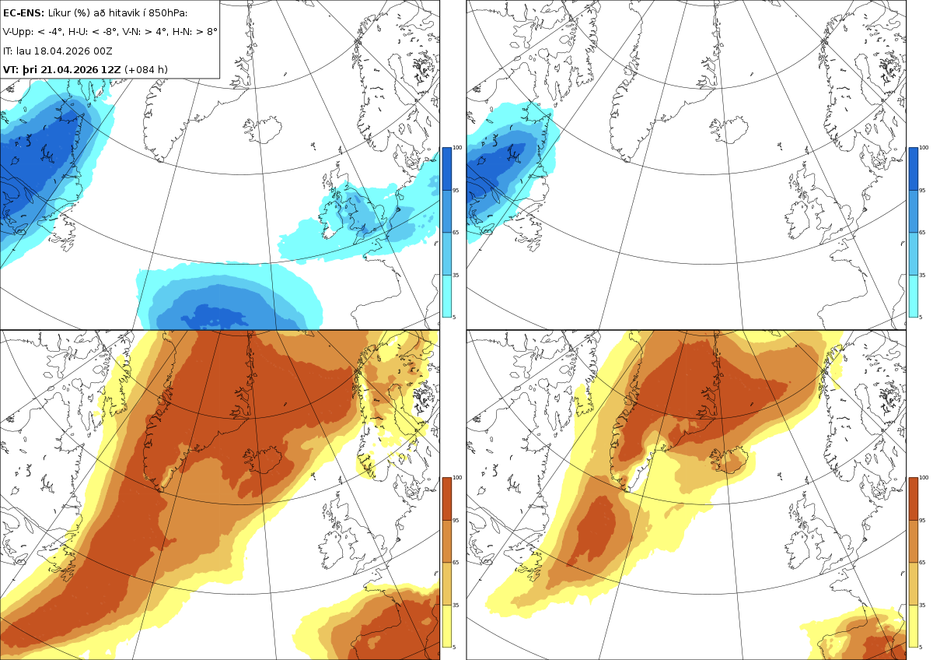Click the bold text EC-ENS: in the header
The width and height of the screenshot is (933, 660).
pyautogui.click(x=23, y=13)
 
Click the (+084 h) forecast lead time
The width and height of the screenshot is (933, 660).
pyautogui.click(x=146, y=69)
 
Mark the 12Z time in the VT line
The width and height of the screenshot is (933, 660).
pyautogui.click(x=110, y=69)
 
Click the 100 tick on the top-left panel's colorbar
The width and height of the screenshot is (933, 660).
pyautogui.click(x=457, y=148)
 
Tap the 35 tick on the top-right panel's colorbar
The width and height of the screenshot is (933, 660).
pyautogui.click(x=922, y=276)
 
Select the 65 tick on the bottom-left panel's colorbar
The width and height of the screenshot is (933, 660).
pyautogui.click(x=456, y=563)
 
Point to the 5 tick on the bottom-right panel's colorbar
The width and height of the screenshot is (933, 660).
pyautogui.click(x=921, y=647)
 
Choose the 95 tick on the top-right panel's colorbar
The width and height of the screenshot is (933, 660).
pyautogui.click(x=922, y=191)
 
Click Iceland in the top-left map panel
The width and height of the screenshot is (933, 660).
pyautogui.click(x=263, y=130)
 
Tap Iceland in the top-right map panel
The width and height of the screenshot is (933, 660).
pyautogui.click(x=729, y=130)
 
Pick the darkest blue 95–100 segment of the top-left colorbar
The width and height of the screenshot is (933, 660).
pyautogui.click(x=446, y=169)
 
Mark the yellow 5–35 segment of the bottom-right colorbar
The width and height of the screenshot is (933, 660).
pyautogui.click(x=913, y=626)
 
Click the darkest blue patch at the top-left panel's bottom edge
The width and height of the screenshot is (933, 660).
pyautogui.click(x=215, y=315)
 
